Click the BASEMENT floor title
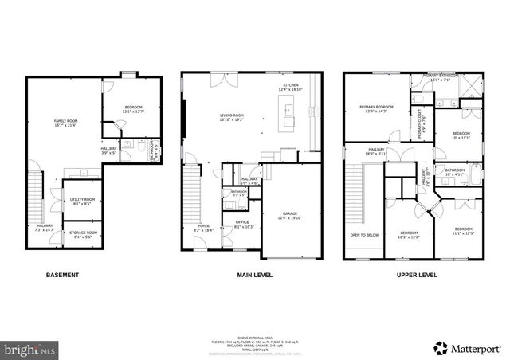(62, 276)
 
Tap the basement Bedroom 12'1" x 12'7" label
(132, 109)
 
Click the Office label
(242, 225)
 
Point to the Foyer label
(202, 228)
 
